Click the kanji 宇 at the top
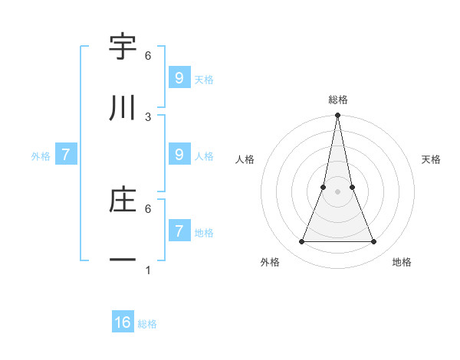(x=123, y=48)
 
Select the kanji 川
(x=123, y=109)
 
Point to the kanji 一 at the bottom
(x=123, y=261)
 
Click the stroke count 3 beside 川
(x=148, y=117)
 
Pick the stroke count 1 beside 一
(x=148, y=270)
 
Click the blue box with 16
(x=123, y=322)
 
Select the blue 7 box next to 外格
(x=66, y=155)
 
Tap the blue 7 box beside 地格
(x=179, y=231)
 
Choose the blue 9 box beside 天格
(x=179, y=77)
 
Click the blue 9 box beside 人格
(x=179, y=154)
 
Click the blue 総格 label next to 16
(x=147, y=324)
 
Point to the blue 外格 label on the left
(x=41, y=156)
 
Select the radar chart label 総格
(x=338, y=100)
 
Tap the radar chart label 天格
(x=432, y=159)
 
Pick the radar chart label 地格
(x=402, y=262)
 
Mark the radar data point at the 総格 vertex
(x=338, y=116)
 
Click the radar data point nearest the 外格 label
(x=302, y=242)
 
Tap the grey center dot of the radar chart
(x=338, y=191)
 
